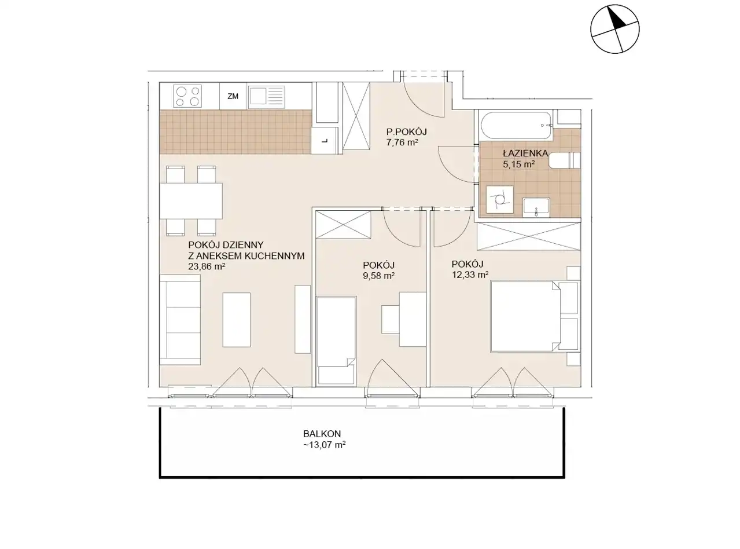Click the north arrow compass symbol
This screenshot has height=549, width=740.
click(x=615, y=29)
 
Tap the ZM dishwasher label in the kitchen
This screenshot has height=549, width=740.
click(x=233, y=96)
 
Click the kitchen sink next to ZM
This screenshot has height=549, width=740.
click(x=266, y=97)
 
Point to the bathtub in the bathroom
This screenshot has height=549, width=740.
click(x=516, y=126)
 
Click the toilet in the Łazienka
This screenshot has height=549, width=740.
click(x=564, y=160)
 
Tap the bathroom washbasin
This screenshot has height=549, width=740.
click(x=536, y=207)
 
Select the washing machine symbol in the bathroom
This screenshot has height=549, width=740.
click(x=500, y=199)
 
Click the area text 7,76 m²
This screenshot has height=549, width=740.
click(x=402, y=142)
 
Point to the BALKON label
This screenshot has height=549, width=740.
click(x=322, y=434)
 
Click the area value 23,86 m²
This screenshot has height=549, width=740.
click(x=207, y=266)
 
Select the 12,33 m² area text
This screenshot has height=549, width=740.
click(x=470, y=274)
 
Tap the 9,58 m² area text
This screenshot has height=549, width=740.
click(x=379, y=276)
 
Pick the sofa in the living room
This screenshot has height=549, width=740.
click(x=180, y=320)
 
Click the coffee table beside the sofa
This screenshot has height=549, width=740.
click(x=237, y=320)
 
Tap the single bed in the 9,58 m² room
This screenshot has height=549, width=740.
click(x=336, y=341)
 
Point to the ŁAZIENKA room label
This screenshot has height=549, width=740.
click(x=525, y=153)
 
